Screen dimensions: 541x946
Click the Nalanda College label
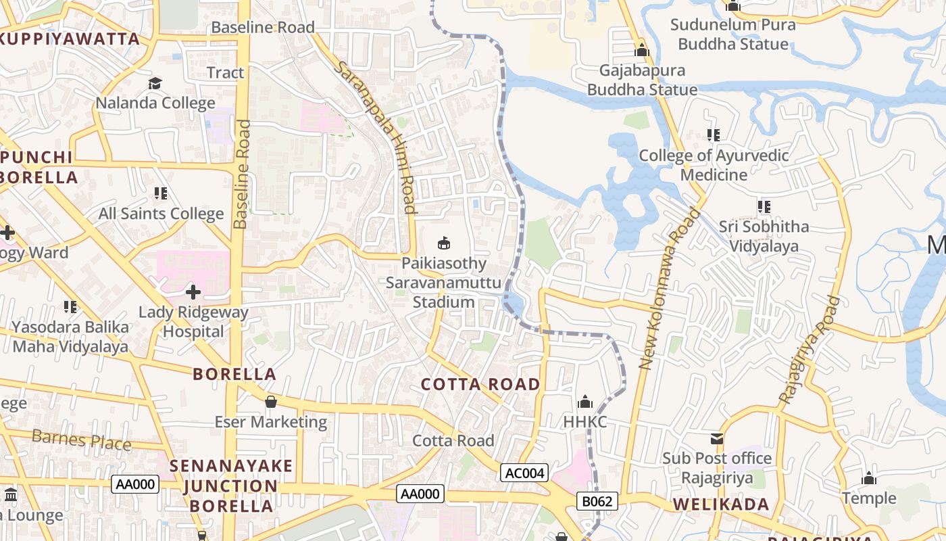click(155, 103)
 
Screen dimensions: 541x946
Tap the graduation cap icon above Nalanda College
click(155, 83)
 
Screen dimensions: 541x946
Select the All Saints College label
click(161, 214)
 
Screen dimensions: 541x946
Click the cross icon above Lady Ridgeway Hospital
click(193, 292)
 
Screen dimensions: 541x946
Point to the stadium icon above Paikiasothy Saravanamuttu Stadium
click(444, 243)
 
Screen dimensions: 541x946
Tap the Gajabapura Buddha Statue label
click(642, 80)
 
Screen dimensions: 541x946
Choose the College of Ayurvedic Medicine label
click(714, 165)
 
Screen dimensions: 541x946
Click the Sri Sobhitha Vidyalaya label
click(764, 236)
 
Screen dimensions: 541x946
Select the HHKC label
click(585, 422)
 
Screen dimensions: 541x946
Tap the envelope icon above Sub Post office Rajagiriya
click(717, 439)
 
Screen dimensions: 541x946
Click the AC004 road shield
click(524, 473)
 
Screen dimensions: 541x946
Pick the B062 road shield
click(597, 501)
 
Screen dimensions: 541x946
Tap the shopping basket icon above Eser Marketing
click(271, 402)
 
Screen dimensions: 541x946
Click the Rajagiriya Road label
click(809, 351)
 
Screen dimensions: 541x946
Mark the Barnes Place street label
click(81, 440)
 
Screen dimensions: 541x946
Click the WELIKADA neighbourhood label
click(721, 504)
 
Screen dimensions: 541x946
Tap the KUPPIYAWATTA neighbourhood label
click(69, 39)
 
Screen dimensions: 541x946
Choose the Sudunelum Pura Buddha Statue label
click(733, 34)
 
